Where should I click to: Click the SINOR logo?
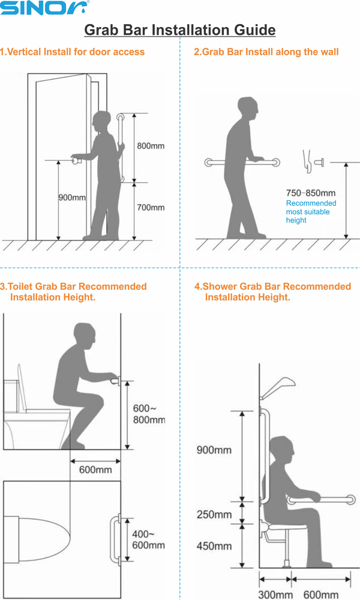tap(45, 8)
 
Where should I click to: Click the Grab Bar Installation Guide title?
tap(180, 30)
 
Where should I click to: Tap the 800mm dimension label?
tap(151, 146)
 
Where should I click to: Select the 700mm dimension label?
tap(151, 208)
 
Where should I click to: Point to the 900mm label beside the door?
tap(72, 197)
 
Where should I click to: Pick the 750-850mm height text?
tap(311, 193)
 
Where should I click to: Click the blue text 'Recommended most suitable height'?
tap(311, 212)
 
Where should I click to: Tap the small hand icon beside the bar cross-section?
tap(307, 161)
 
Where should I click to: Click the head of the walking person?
tap(248, 107)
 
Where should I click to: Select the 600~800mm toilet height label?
tap(149, 414)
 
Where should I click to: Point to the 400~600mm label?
tap(148, 539)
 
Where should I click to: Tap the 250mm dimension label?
tap(214, 514)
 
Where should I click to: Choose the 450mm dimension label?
tap(214, 545)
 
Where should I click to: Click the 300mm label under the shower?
tap(275, 595)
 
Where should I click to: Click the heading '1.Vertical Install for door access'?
tap(73, 52)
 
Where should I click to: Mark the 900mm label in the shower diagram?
tap(214, 449)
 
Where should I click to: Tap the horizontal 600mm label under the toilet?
tap(95, 470)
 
